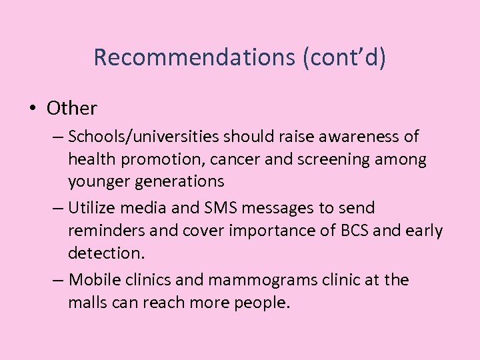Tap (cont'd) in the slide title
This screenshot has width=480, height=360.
pos(344,58)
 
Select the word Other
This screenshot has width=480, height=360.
pos(72,108)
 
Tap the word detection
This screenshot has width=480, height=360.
pos(99,254)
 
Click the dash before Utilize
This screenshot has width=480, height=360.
pos(57,208)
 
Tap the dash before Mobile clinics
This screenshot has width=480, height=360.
pos(57,279)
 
